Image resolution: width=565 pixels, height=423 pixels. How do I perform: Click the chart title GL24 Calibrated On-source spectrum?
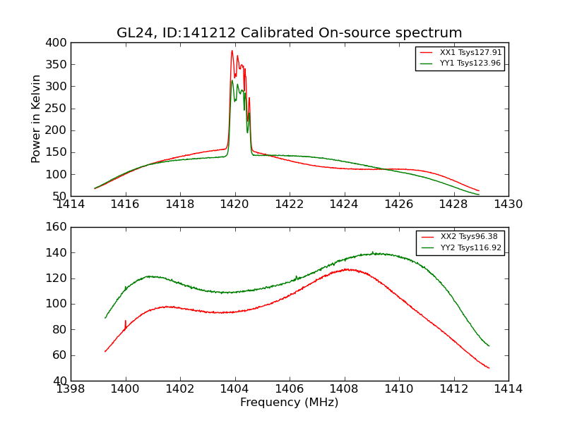(289, 33)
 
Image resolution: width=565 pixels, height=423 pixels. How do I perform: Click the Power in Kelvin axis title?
(37, 119)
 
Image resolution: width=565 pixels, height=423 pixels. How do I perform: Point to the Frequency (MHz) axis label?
(289, 403)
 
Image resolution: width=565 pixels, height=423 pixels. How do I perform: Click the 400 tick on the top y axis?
(57, 43)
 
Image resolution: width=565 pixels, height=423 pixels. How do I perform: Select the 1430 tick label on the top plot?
(508, 204)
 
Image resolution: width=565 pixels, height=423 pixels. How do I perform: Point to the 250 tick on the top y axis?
(57, 109)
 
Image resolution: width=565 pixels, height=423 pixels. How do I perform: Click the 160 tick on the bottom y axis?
(57, 227)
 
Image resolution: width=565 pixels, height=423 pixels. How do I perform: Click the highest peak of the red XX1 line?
(232, 51)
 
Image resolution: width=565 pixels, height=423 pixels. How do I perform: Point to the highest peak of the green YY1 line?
(232, 80)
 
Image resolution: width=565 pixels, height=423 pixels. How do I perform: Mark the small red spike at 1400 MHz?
(126, 321)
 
